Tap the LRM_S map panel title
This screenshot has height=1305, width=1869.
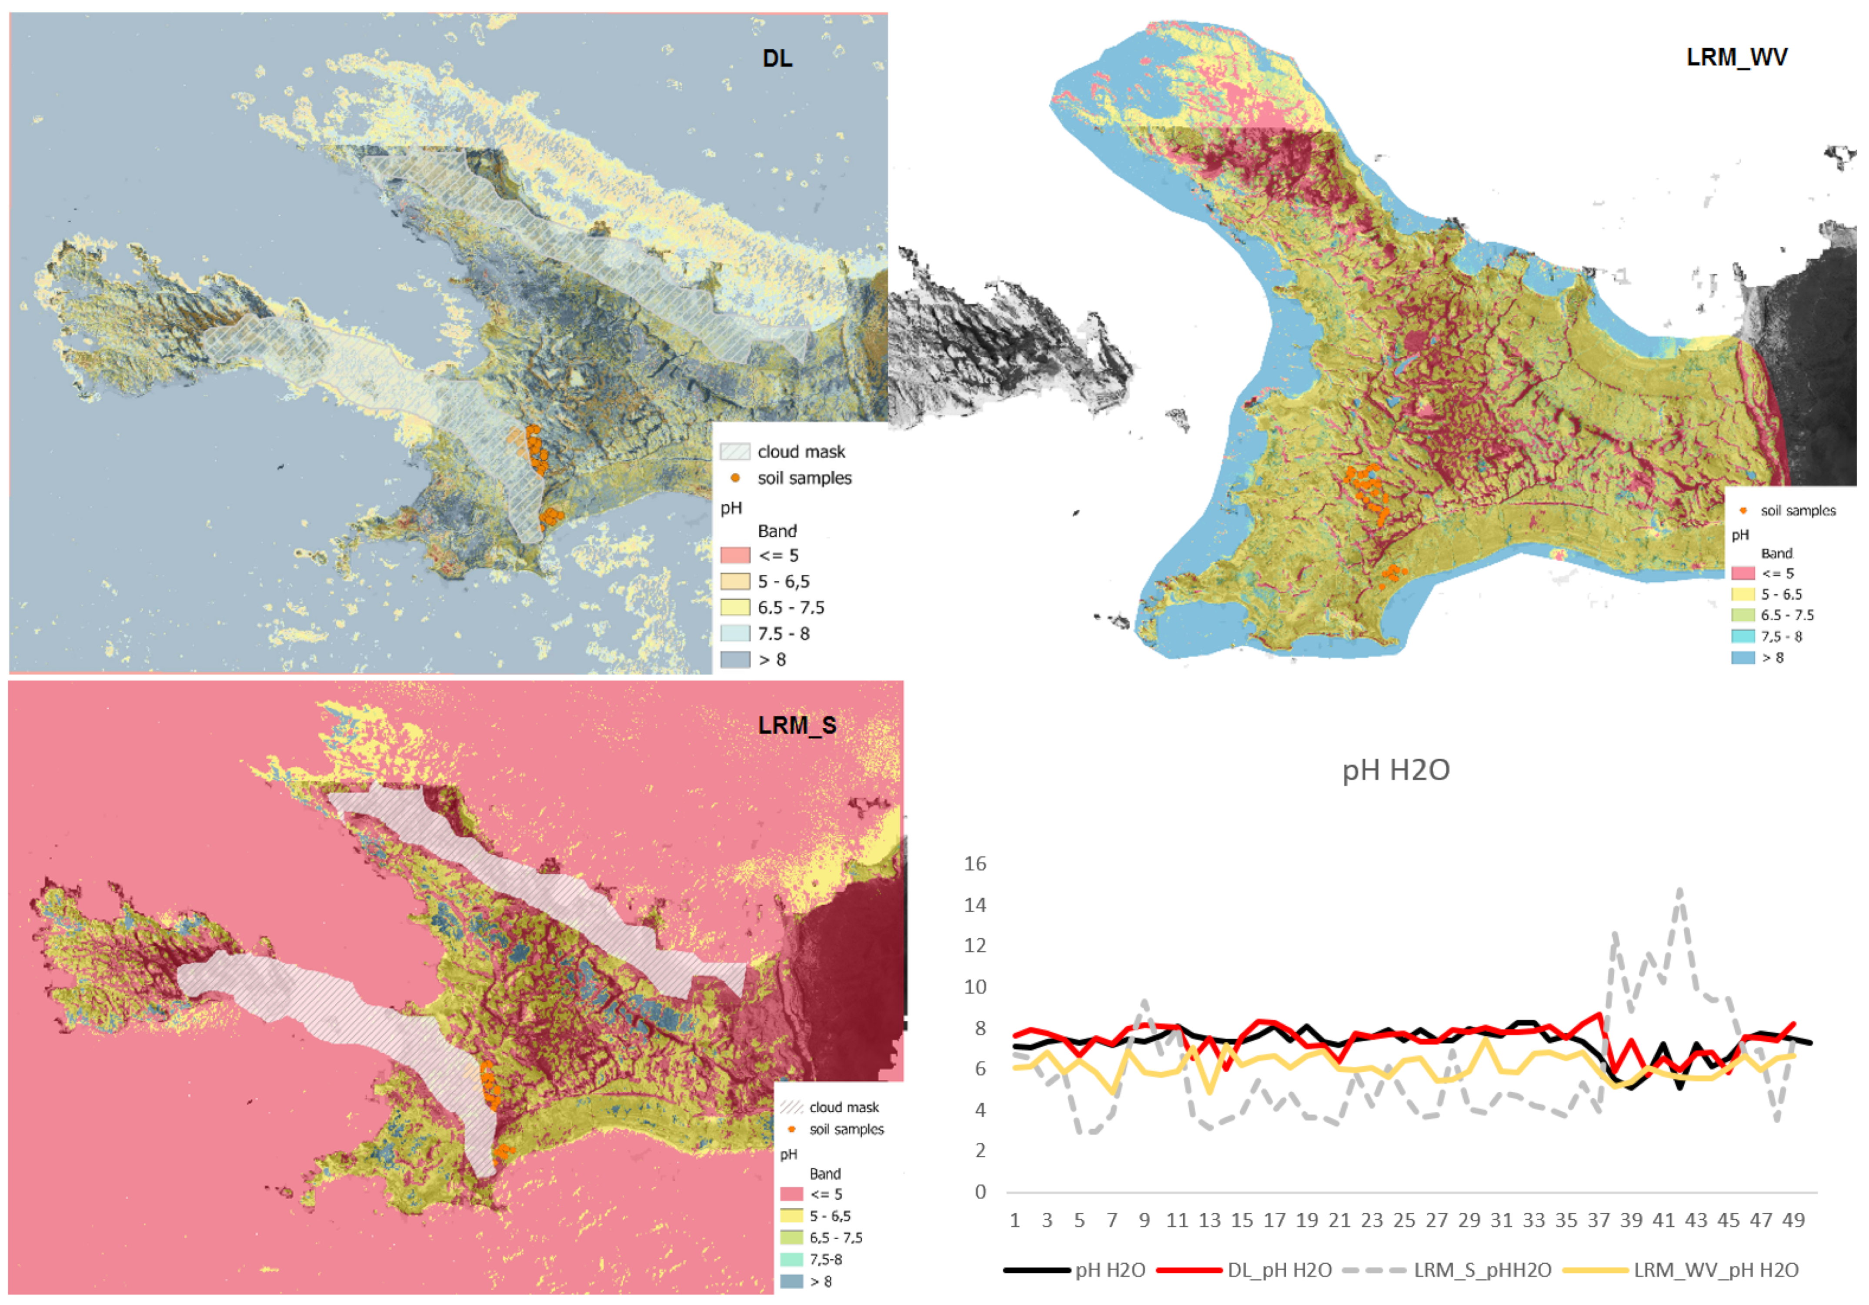click(797, 725)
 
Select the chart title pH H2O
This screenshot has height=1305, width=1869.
click(1395, 770)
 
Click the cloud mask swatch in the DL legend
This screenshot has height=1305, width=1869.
click(734, 452)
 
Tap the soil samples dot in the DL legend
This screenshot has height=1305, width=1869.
click(735, 478)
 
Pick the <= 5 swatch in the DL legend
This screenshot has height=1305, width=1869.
click(734, 555)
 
